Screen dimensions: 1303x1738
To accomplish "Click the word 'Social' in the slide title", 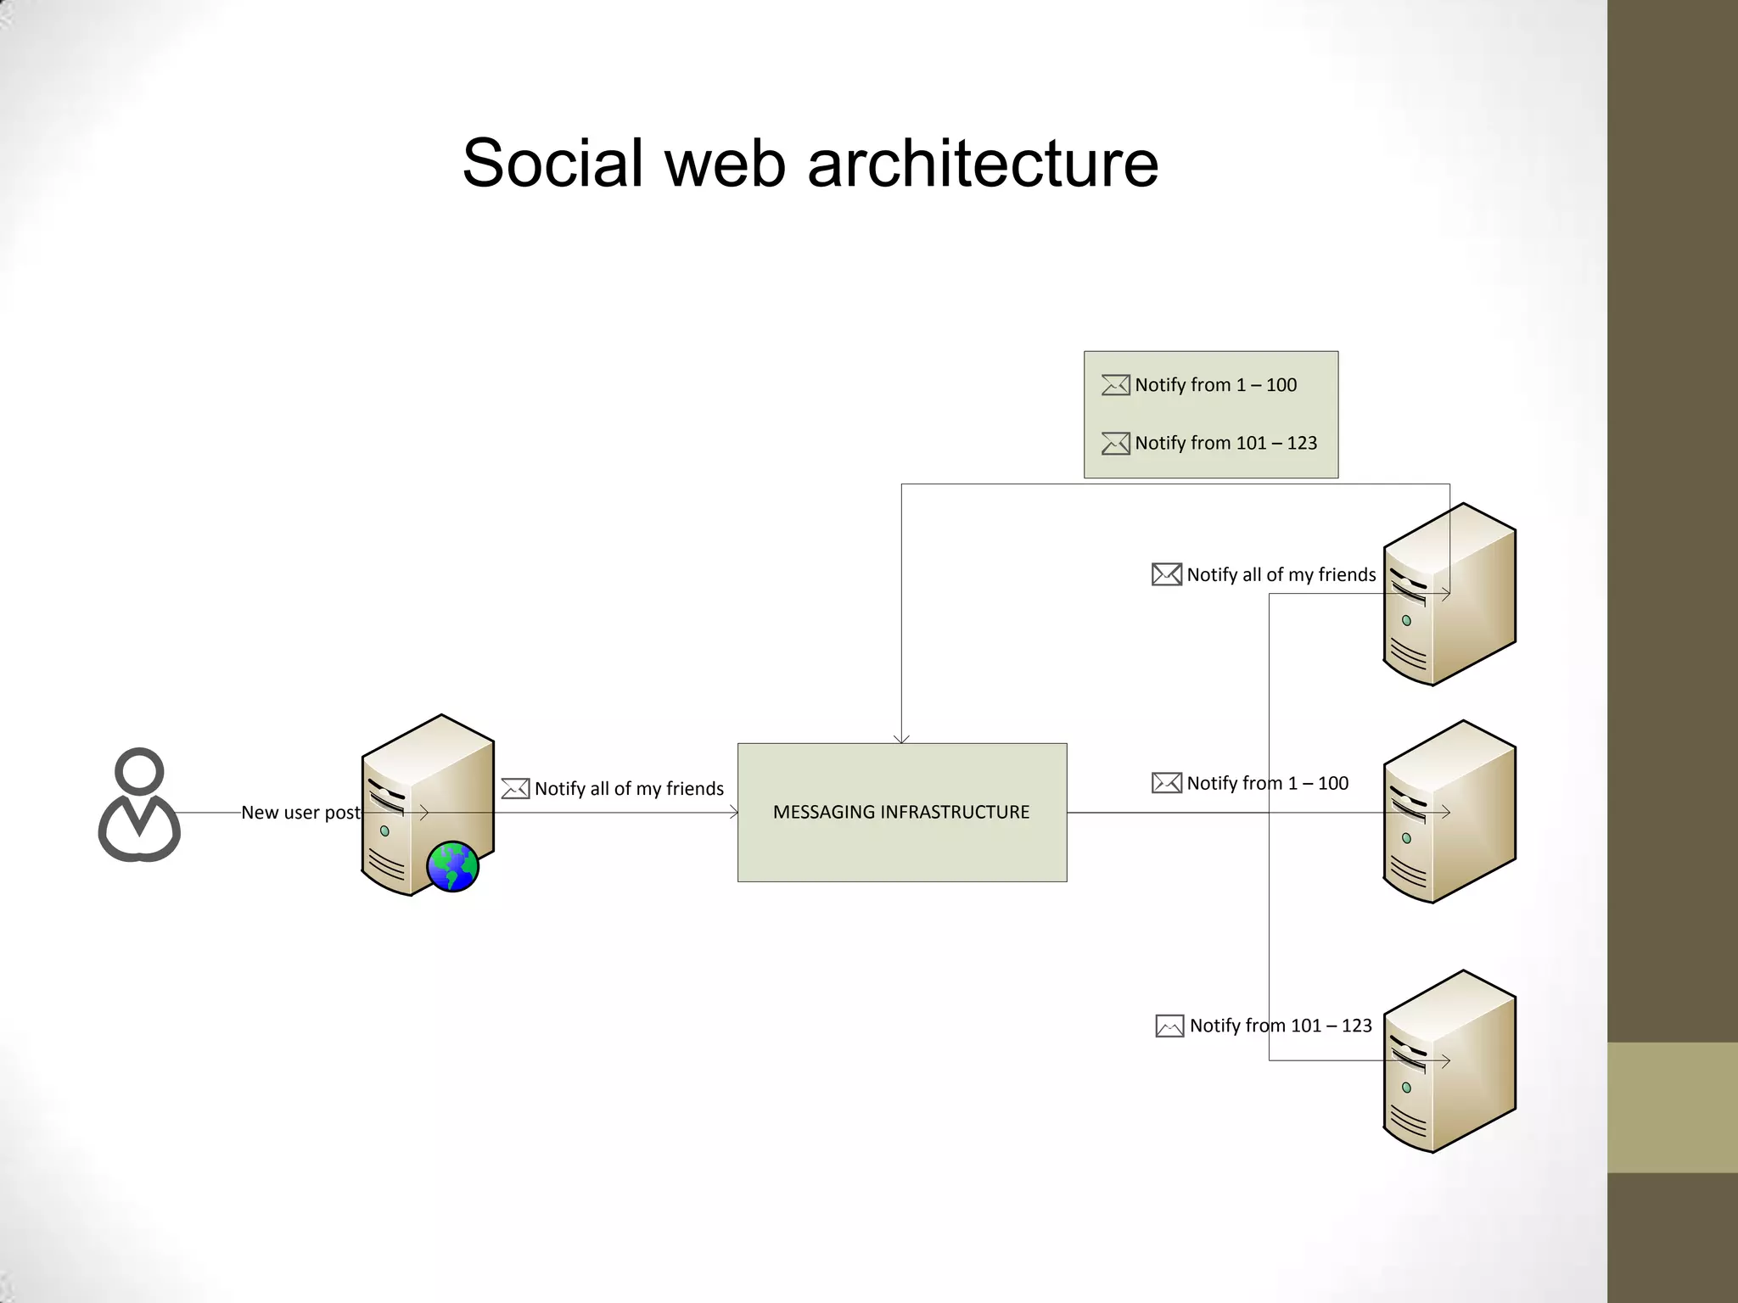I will click(552, 163).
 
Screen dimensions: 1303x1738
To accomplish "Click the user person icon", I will click(139, 805).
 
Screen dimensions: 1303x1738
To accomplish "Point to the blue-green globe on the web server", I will click(452, 866).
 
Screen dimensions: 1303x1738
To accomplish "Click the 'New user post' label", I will click(300, 813).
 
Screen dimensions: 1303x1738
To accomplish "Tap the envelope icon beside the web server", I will click(515, 789).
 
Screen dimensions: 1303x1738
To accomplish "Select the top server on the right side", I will click(1449, 594).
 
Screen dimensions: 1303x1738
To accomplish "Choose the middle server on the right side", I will click(1449, 812).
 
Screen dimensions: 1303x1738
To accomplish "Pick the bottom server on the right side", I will click(1449, 1061).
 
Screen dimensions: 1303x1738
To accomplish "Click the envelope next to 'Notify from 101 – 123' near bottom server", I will click(1169, 1026).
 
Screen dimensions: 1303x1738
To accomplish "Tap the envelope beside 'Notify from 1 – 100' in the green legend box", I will click(1115, 385).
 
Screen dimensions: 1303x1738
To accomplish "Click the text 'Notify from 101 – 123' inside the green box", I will click(1225, 443).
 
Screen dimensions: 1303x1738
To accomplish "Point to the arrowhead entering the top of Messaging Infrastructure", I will click(901, 739).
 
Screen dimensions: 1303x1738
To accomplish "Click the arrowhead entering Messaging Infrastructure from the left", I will click(733, 813).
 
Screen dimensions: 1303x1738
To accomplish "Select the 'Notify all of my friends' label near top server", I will click(1281, 575).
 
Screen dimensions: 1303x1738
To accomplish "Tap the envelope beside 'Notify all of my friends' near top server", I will click(1166, 574).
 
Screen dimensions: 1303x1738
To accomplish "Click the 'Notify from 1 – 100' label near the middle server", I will click(1267, 783).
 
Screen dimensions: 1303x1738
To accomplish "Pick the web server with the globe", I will click(427, 804).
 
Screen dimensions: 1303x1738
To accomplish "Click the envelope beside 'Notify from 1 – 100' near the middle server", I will click(1166, 783).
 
